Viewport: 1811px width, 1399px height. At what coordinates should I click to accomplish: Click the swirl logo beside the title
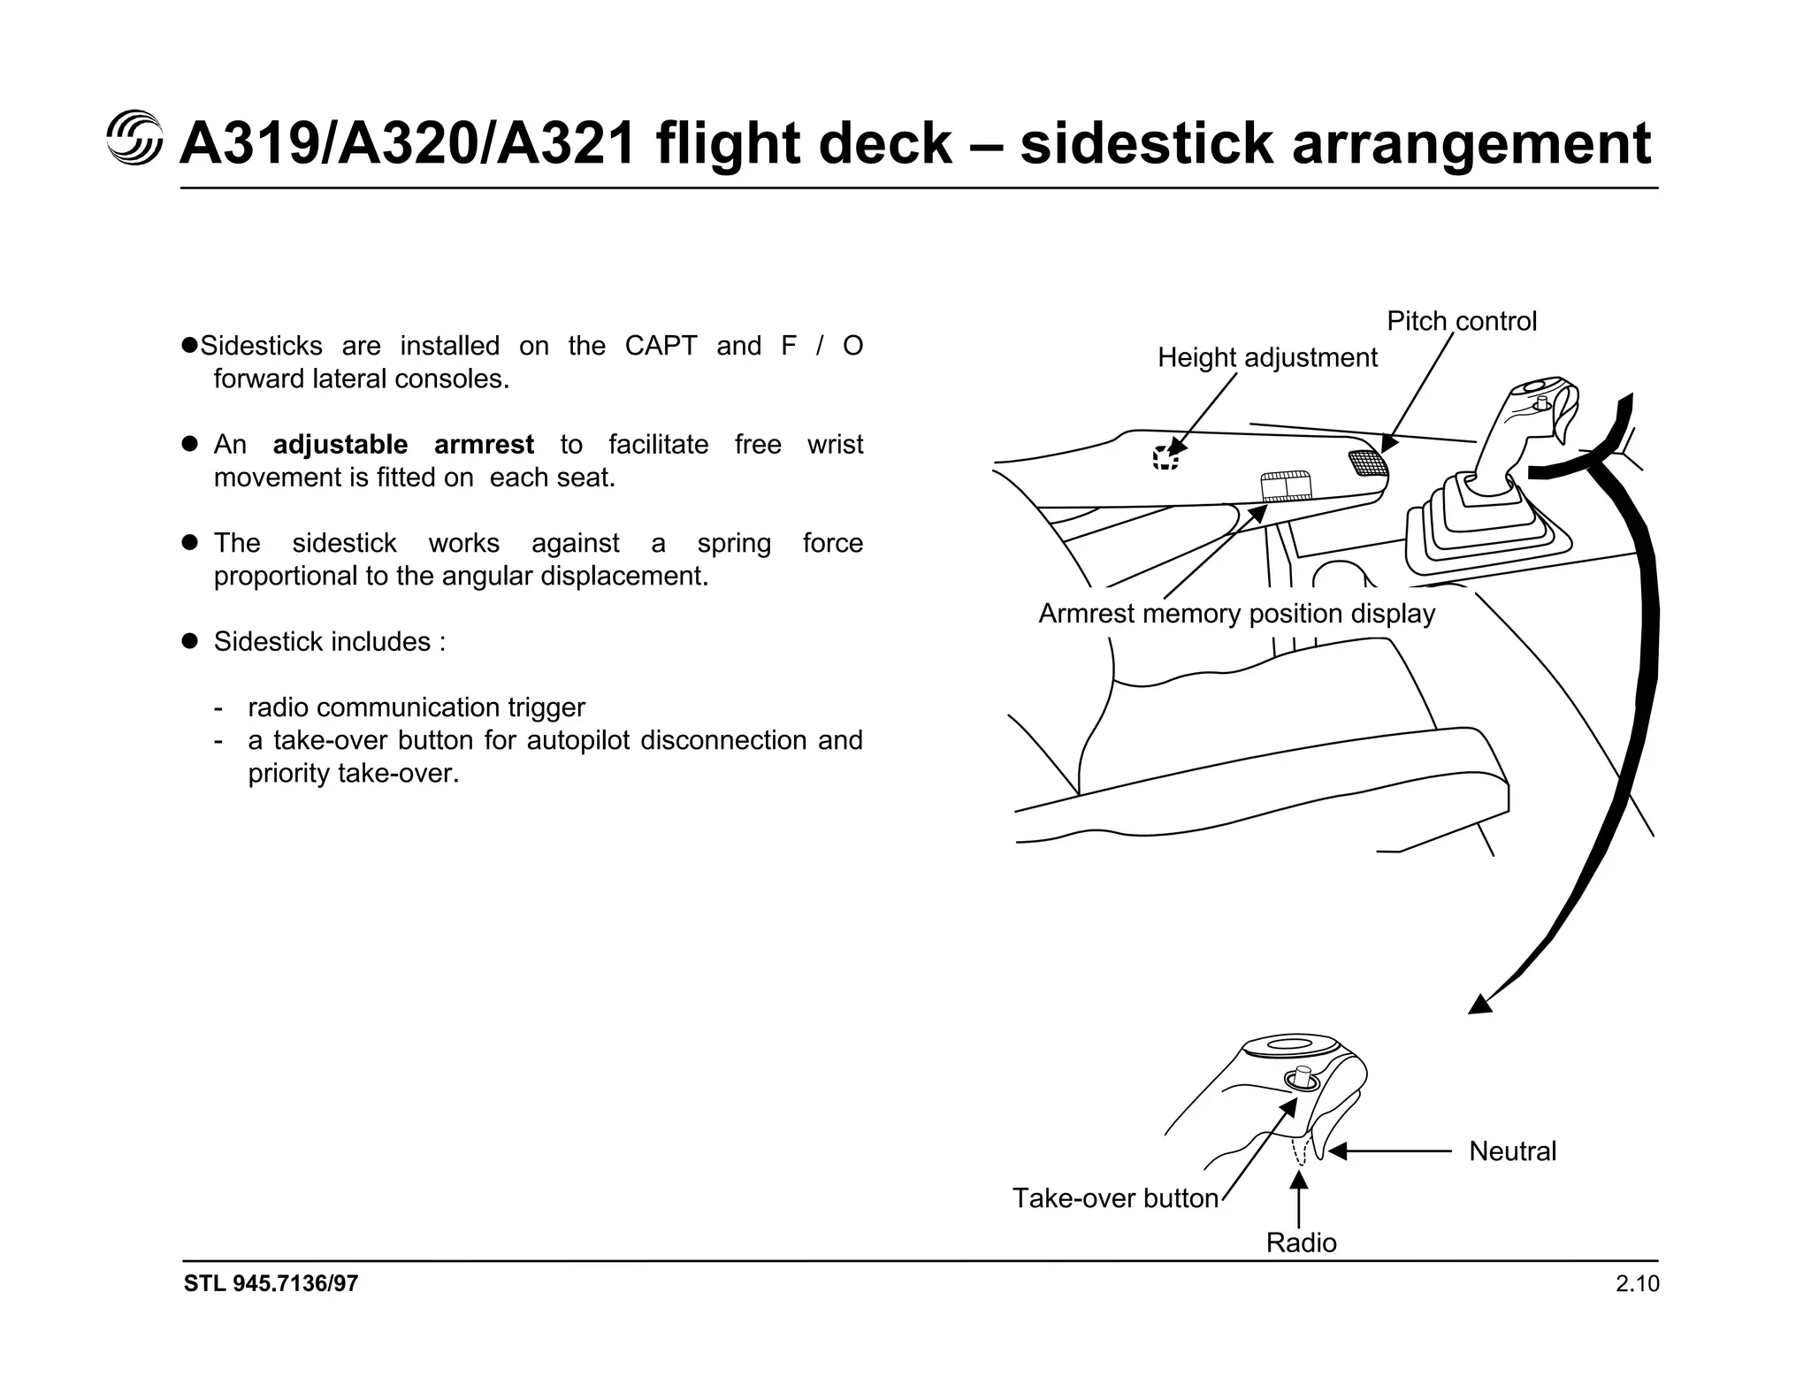(134, 139)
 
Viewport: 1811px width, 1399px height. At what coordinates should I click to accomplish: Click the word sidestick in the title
(1146, 143)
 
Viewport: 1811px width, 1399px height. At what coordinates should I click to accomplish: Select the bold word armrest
(484, 444)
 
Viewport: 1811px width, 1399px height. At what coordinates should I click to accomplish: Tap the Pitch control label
(1461, 321)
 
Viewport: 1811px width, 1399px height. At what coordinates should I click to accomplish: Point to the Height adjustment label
(1266, 357)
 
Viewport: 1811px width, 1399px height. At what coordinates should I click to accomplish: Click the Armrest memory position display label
(1236, 614)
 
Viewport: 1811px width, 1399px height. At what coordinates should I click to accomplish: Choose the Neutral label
(1512, 1151)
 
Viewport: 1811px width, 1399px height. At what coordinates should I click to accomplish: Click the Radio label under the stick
(1301, 1242)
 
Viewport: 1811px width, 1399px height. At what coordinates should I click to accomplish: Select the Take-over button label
(1115, 1198)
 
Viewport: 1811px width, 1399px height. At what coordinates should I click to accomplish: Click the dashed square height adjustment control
(1165, 458)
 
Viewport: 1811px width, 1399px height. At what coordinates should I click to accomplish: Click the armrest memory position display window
(1285, 487)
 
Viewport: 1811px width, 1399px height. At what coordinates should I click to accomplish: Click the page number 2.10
(1637, 1284)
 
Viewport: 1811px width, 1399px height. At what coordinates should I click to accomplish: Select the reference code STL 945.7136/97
(271, 1284)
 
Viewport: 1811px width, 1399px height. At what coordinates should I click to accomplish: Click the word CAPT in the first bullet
(661, 346)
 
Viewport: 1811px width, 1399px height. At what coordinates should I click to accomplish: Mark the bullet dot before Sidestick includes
(188, 641)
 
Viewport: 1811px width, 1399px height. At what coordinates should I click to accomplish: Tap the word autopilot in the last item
(578, 740)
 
